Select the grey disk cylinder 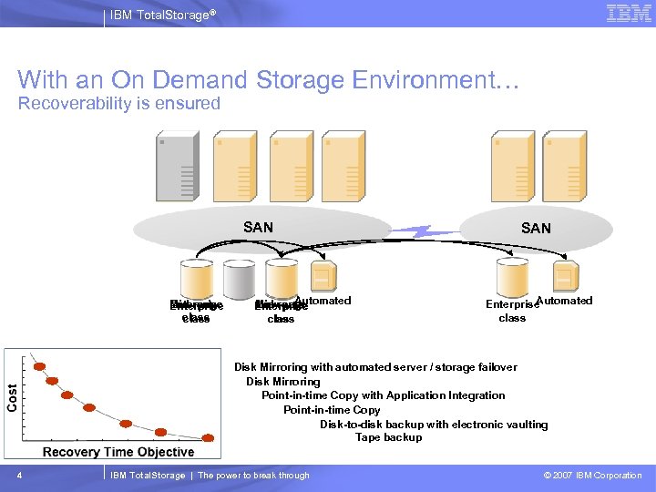click(239, 277)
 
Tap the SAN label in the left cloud click(258, 227)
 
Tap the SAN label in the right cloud click(536, 228)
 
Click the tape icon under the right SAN click(565, 275)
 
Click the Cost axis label click(13, 396)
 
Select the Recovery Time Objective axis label click(118, 452)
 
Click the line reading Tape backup click(389, 437)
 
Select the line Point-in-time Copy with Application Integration click(383, 395)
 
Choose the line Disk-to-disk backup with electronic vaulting click(434, 424)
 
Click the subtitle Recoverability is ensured click(119, 103)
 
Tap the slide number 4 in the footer click(19, 475)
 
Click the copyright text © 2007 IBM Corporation click(592, 475)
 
